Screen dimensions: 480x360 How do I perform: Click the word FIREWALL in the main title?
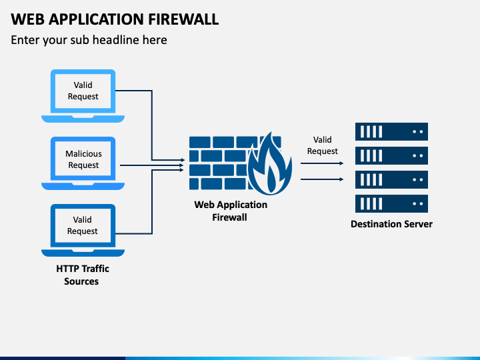pos(183,19)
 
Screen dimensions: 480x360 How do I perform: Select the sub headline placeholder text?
pos(89,40)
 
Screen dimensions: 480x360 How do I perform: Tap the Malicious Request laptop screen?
pos(83,159)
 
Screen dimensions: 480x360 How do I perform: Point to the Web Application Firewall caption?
pos(231,211)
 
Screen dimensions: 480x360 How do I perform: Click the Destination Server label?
pos(391,224)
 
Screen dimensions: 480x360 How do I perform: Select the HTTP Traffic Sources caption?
pos(83,275)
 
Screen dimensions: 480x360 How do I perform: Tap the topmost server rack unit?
pos(391,131)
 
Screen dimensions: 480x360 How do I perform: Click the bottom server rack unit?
pos(391,203)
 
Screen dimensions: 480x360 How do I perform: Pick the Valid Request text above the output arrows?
pos(323,145)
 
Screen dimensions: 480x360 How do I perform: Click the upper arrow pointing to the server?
pos(322,163)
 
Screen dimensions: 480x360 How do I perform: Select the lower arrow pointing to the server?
pos(322,179)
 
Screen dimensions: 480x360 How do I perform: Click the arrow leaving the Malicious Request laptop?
pos(151,165)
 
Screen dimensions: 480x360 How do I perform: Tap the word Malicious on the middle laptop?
pos(83,154)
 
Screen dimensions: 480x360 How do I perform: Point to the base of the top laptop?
pos(83,119)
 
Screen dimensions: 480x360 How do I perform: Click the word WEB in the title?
pos(28,19)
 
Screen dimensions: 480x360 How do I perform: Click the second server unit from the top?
pos(391,155)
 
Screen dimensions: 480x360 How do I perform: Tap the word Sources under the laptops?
pos(81,281)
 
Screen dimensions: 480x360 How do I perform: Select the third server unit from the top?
pos(391,180)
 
